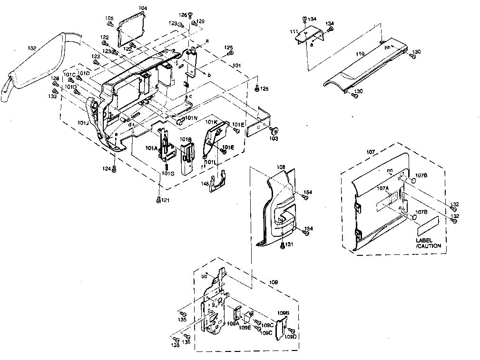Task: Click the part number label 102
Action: coord(32,48)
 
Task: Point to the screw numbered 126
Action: coord(190,15)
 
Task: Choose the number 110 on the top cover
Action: coord(360,55)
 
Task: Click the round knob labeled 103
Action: coord(275,130)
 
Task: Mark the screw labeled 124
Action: coord(114,170)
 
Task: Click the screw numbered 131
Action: coord(284,245)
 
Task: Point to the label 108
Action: coord(281,167)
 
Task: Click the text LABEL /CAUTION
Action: coord(428,243)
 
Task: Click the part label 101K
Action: coord(211,122)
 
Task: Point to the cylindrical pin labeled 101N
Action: coord(180,122)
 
